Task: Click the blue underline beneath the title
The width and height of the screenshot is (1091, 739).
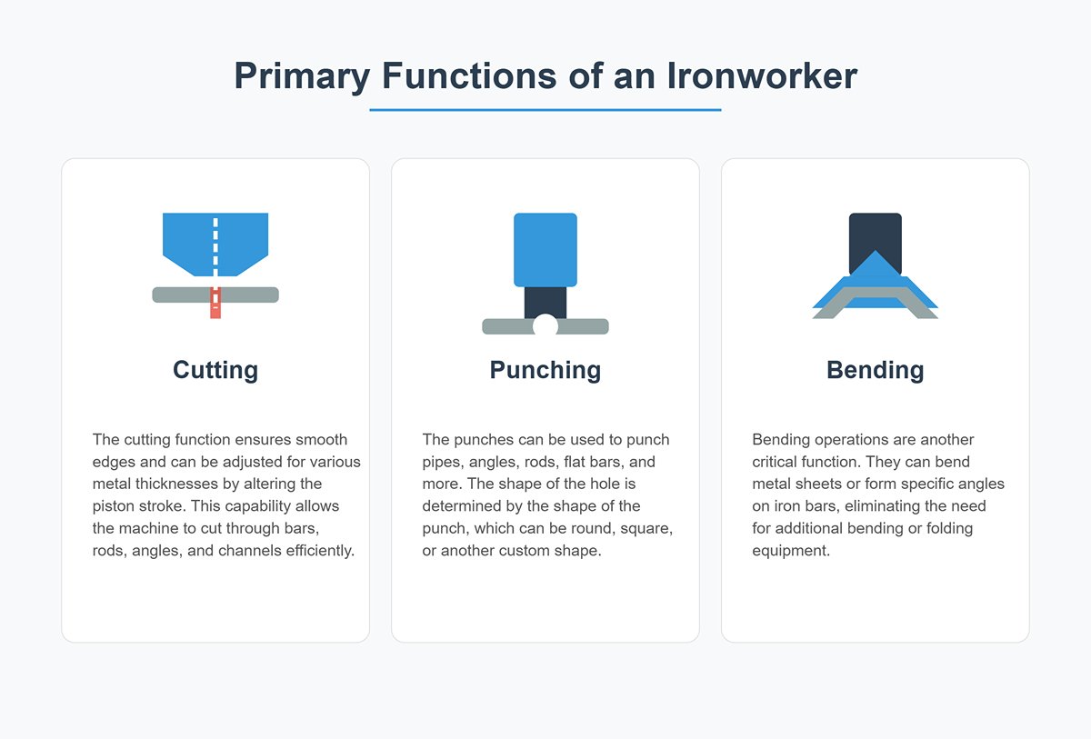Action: point(545,110)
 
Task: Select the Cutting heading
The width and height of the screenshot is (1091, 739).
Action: point(215,370)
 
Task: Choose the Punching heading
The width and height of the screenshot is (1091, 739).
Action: point(545,370)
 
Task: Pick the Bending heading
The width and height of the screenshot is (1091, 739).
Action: point(875,370)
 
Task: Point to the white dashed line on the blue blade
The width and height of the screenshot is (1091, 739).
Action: point(215,244)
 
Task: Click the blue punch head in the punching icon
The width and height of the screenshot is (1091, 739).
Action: point(545,249)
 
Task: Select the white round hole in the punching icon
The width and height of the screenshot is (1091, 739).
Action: point(545,325)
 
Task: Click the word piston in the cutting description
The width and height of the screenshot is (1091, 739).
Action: point(113,505)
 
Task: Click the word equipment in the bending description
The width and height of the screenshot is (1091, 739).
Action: point(791,550)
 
